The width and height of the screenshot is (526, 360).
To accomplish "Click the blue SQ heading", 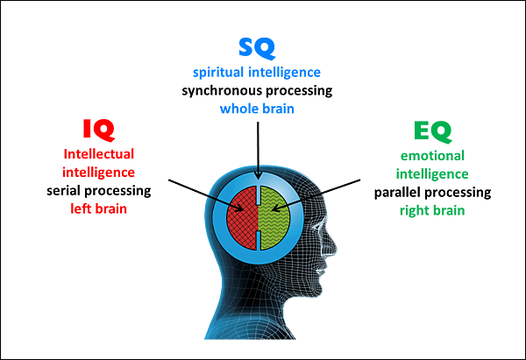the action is (x=257, y=48).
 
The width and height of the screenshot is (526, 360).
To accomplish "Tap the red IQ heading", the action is (x=99, y=130).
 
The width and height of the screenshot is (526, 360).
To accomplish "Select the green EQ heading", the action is (x=433, y=131).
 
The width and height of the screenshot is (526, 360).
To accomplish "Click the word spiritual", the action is (x=218, y=73).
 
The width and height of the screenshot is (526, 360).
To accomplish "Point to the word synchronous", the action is (x=222, y=91).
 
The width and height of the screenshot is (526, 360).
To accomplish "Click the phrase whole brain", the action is (x=257, y=109).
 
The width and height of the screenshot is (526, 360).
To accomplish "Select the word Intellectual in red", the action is (x=99, y=154).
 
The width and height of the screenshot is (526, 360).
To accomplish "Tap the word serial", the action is (x=64, y=191).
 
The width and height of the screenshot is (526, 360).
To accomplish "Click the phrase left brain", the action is (x=98, y=208).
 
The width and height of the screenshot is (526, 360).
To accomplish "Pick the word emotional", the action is (x=432, y=156).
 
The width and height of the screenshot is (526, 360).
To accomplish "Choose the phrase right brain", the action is (x=432, y=211).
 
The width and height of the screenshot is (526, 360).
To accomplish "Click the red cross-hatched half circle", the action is (x=242, y=218).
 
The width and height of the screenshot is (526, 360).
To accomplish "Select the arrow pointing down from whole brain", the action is (x=258, y=151).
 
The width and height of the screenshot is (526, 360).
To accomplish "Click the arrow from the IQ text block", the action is (x=206, y=195).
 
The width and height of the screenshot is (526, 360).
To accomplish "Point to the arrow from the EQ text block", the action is (x=316, y=195).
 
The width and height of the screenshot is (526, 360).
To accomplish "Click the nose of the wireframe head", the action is (x=333, y=249).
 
